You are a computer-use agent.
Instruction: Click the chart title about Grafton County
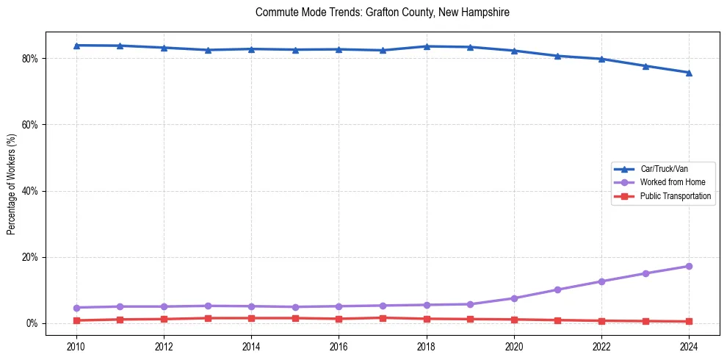[382, 12]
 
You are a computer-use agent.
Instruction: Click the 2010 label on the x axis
[76, 345]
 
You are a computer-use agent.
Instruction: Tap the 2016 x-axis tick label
[339, 345]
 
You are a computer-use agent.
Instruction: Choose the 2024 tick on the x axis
[689, 345]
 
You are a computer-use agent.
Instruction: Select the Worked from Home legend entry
[669, 182]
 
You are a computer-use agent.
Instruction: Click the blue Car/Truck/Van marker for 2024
[689, 73]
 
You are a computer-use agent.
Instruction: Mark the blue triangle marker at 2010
[76, 46]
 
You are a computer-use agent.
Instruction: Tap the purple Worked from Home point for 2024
[689, 266]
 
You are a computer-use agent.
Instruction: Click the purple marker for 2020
[514, 298]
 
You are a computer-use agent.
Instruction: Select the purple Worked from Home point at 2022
[601, 281]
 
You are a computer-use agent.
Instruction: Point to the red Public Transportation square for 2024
[689, 321]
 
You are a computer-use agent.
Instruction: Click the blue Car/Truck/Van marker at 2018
[427, 46]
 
